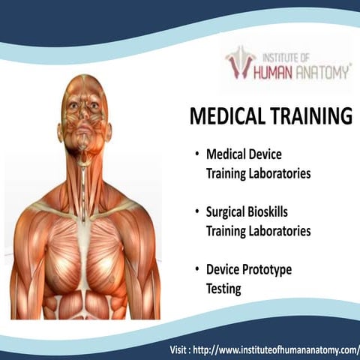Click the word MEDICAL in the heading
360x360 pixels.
pyautogui.click(x=223, y=117)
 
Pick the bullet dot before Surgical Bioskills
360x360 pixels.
pyautogui.click(x=196, y=212)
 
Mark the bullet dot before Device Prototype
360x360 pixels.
pyautogui.click(x=196, y=268)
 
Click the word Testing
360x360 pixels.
pyautogui.click(x=223, y=288)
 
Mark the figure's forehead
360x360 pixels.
pyautogui.click(x=83, y=88)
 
